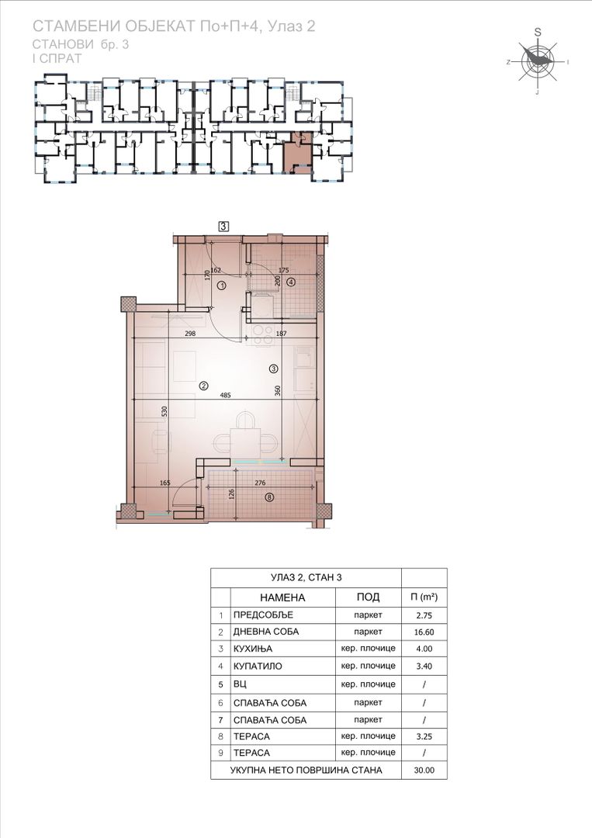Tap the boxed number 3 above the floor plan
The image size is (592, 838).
[x=223, y=227]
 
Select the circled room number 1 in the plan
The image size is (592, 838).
[x=222, y=286]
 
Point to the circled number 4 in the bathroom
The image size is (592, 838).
[x=291, y=282]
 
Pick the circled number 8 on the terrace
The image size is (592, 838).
[x=269, y=497]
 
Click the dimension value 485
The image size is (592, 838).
[x=225, y=396]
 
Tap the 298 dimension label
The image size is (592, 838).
[x=189, y=334]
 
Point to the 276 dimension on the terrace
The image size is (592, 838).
[x=260, y=483]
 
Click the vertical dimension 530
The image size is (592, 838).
[x=164, y=411]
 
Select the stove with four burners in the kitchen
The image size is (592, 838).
[x=262, y=334]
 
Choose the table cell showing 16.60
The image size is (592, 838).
[x=424, y=632]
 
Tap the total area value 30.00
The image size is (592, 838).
[x=424, y=770]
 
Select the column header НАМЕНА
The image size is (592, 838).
[x=282, y=597]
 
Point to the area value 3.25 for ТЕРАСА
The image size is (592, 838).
[x=424, y=736]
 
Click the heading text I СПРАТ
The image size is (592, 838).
[x=57, y=59]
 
